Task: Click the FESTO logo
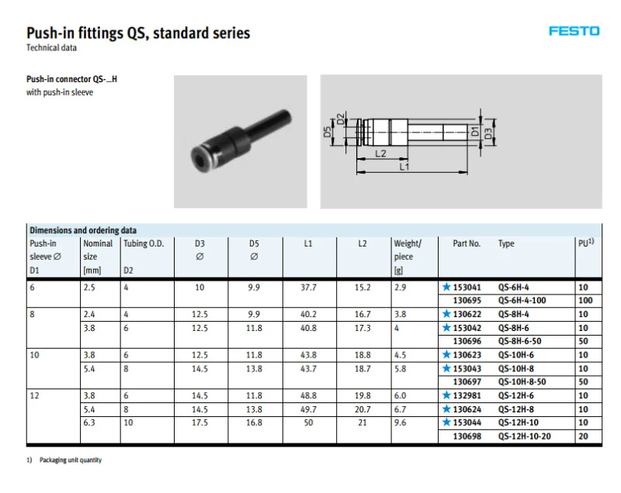pos(574,31)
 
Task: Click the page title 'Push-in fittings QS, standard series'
pos(138,33)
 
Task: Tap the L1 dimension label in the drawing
pos(404,167)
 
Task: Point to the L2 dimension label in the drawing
pos(380,153)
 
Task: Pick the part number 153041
pos(467,288)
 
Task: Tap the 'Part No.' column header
pos(467,243)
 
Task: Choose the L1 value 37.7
pos(308,288)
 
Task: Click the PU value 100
pos(585,301)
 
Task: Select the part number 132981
pos(467,395)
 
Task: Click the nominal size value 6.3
pos(89,424)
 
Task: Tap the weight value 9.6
pos(401,424)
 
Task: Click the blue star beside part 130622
pos(446,315)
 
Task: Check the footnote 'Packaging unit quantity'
pos(71,460)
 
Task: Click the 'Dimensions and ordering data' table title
pos(83,230)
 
